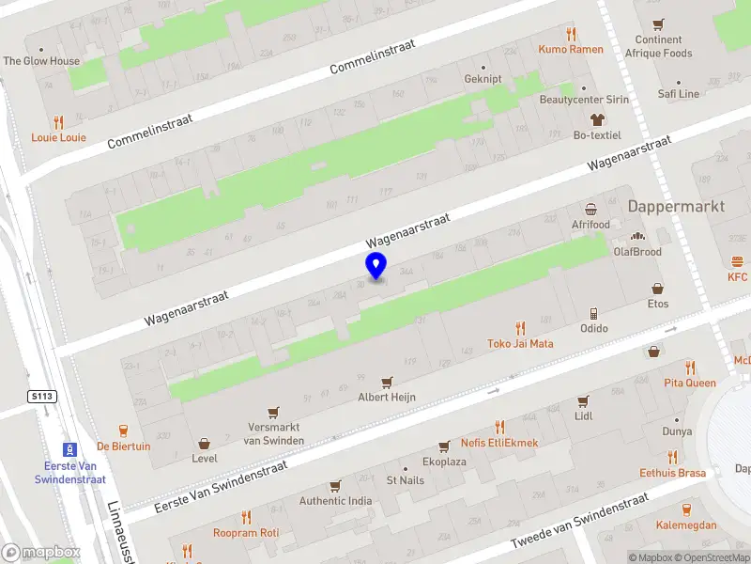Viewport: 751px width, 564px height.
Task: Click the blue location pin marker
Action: coord(376,266)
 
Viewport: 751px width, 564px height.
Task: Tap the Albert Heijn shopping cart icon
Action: coord(386,383)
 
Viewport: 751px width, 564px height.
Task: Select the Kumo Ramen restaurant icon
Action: coord(571,33)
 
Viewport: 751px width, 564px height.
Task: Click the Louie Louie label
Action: coord(58,137)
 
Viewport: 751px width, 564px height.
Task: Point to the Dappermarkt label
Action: coord(676,206)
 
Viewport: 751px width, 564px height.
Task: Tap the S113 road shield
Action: coord(43,397)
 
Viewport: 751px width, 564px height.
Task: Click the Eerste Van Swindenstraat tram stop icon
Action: coord(69,449)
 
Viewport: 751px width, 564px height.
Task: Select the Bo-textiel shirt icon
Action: coord(597,119)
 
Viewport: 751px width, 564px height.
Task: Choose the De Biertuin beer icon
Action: coord(124,430)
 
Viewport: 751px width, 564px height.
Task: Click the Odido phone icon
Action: coord(593,313)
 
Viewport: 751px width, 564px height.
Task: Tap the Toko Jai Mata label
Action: coord(520,344)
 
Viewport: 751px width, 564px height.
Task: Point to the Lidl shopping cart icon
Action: coord(583,400)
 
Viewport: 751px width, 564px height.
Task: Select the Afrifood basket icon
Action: coord(590,209)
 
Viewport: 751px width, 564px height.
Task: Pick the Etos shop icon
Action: coord(658,289)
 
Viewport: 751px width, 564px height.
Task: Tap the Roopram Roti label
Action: coord(246,532)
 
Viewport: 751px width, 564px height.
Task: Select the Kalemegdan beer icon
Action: coord(686,509)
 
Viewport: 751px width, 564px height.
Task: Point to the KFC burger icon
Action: coord(738,261)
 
